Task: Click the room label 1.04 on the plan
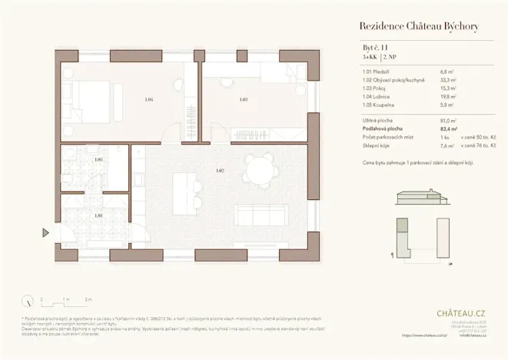tap(149, 99)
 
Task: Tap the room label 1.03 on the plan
tap(244, 99)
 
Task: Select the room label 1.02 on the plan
tap(220, 170)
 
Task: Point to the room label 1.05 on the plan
tap(98, 160)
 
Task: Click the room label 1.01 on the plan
tap(98, 215)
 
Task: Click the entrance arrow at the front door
tap(47, 232)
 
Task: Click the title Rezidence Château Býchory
tap(419, 27)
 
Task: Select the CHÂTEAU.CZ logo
tap(460, 313)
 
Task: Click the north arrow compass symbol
tap(28, 301)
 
